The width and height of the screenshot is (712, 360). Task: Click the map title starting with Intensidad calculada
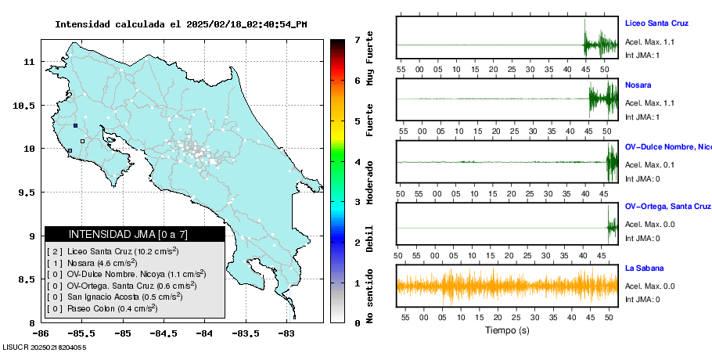coord(181,24)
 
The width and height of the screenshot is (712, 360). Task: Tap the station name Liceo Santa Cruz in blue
coord(656,23)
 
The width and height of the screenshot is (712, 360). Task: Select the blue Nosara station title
coord(638,85)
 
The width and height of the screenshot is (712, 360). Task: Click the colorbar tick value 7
coord(357,39)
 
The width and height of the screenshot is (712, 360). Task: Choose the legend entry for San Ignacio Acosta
coord(117,297)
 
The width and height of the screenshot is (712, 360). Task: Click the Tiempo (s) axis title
coord(507,330)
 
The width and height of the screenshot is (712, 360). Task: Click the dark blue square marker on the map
coord(75,125)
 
